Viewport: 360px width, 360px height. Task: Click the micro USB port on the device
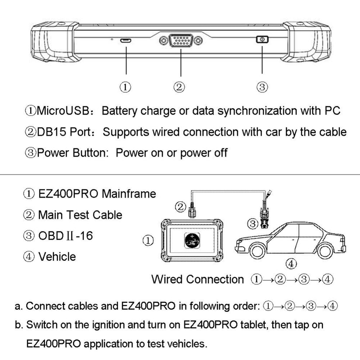point(126,41)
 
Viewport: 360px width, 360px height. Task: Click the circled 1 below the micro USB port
point(126,87)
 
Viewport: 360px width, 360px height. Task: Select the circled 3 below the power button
point(262,87)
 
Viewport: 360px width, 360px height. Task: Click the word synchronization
point(253,110)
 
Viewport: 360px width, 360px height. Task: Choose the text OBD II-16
point(65,236)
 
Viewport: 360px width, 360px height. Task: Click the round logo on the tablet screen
point(191,241)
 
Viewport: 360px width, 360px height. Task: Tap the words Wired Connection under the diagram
point(197,279)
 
